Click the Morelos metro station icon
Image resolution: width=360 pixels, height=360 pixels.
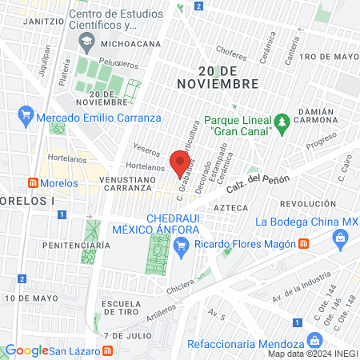(32, 182)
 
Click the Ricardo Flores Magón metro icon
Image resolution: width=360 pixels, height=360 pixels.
(303, 242)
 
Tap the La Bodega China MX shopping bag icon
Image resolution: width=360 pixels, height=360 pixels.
(340, 237)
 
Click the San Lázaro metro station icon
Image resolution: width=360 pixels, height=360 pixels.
(107, 351)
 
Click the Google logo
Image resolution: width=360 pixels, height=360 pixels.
(26, 350)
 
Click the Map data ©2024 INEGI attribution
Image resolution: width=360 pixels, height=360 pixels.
(313, 354)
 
